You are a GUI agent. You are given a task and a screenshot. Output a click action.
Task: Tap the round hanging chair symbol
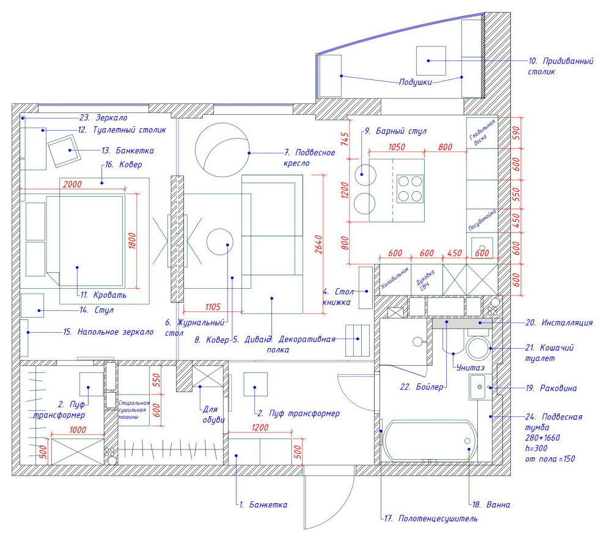pos(222,150)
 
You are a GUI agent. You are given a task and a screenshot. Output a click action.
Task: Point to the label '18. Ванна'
pos(491,505)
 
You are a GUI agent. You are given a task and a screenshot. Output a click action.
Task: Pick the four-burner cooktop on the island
pos(411,189)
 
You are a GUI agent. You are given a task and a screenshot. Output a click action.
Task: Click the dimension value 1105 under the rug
pos(213,307)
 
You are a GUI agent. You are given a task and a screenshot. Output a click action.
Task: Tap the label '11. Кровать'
pos(102,295)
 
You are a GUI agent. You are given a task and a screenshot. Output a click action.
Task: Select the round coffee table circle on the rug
pos(220,242)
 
